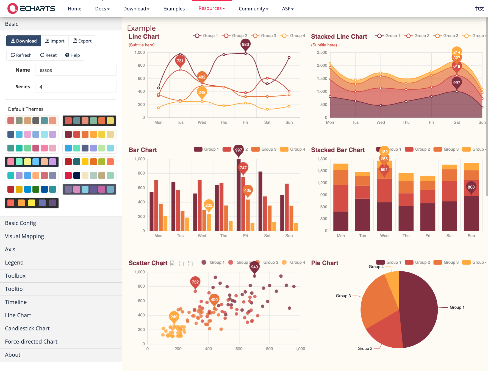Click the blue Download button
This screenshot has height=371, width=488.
(23, 41)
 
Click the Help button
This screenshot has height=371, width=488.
(73, 55)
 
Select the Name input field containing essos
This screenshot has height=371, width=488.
(76, 70)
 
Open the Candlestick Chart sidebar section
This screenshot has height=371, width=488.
(27, 328)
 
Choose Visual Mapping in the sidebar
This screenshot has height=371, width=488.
(24, 236)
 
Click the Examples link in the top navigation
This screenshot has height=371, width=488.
(174, 9)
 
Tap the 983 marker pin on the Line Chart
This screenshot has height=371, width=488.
(245, 44)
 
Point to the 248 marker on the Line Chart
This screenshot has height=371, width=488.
(202, 92)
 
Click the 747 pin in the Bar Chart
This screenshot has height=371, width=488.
(243, 168)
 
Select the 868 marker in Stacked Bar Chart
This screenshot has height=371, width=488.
(471, 187)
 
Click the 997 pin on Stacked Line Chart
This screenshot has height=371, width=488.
(457, 83)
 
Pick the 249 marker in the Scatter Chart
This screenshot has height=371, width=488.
(174, 317)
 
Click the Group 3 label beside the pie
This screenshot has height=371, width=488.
(343, 296)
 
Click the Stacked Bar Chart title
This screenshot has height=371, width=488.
(338, 150)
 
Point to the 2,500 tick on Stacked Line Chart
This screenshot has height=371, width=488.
(322, 52)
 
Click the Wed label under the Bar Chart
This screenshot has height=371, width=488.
(202, 236)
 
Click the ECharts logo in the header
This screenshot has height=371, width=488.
(31, 9)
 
